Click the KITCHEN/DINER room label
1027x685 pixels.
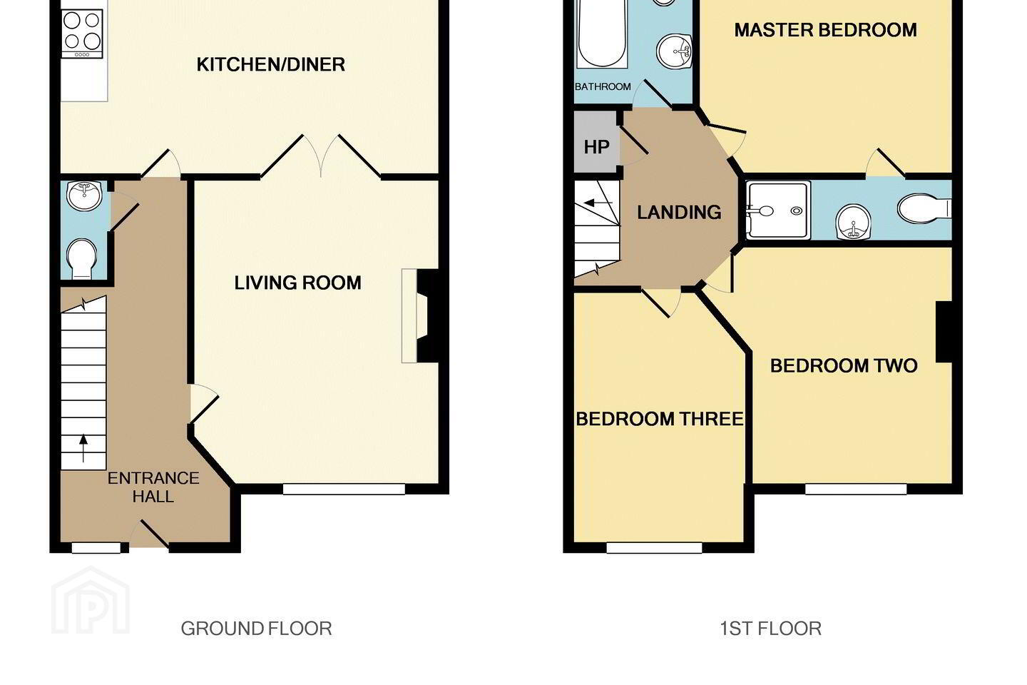click(270, 64)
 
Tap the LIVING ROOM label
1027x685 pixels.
click(297, 283)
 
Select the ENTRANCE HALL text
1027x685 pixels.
click(153, 487)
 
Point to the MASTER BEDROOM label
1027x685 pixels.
click(825, 30)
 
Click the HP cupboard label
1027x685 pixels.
click(596, 147)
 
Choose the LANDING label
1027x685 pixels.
click(679, 212)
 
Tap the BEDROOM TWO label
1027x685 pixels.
click(844, 365)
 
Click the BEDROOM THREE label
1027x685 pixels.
click(659, 419)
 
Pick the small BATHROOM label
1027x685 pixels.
click(603, 86)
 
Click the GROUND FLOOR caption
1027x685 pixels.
click(256, 629)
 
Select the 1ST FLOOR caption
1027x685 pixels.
click(770, 629)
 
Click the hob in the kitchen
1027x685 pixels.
click(82, 34)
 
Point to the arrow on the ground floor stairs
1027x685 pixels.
click(83, 448)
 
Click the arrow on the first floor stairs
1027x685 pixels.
click(598, 203)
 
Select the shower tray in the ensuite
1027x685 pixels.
click(778, 210)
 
